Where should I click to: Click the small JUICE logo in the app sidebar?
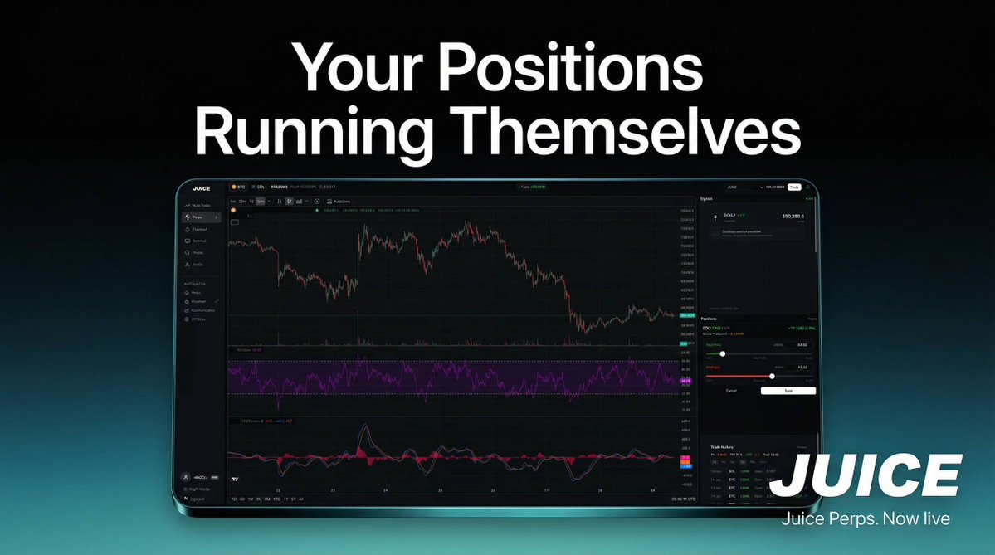[x=202, y=188]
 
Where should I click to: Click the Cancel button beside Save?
[x=731, y=390]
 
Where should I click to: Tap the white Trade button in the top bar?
[x=794, y=187]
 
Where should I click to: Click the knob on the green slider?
[x=722, y=353]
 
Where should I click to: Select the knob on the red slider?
[x=772, y=376]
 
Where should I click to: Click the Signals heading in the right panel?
[x=707, y=199]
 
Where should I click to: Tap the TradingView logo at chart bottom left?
[x=236, y=480]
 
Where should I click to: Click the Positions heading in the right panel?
[x=709, y=319]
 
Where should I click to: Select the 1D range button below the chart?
[x=233, y=499]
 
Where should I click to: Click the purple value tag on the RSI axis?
[x=686, y=379]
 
